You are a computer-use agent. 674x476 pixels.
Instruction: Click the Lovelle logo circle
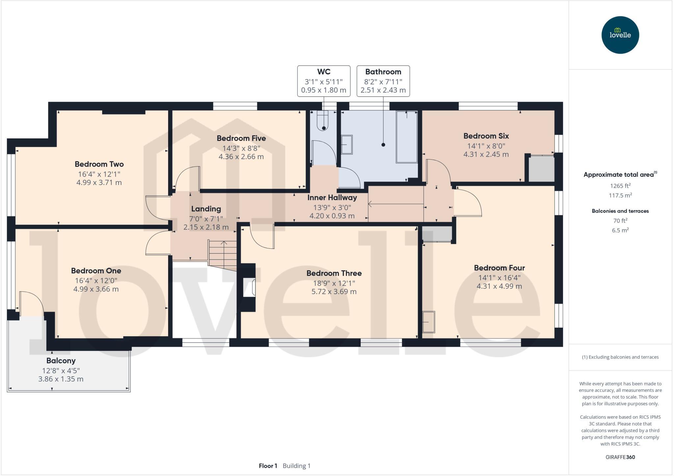[x=620, y=35]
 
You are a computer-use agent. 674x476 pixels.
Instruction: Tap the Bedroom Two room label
[x=99, y=164]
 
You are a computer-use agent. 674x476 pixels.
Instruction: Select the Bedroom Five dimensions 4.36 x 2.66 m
[x=241, y=157]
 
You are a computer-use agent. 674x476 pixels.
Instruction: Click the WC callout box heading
[x=324, y=72]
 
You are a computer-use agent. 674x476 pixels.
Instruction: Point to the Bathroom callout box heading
[x=383, y=72]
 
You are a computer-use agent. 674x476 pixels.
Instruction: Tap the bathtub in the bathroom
[x=407, y=137]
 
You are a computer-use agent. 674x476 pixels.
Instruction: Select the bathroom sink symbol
[x=347, y=145]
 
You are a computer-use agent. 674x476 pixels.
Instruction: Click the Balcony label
[x=61, y=361]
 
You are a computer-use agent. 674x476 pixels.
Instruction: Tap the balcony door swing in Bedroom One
[x=32, y=303]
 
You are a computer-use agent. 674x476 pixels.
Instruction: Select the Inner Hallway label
[x=332, y=198]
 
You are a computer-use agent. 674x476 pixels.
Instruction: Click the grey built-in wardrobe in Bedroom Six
[x=541, y=169]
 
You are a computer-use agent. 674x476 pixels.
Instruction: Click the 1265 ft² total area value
[x=620, y=186]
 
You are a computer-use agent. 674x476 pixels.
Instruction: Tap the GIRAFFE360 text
[x=620, y=457]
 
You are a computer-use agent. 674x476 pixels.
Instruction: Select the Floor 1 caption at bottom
[x=268, y=466]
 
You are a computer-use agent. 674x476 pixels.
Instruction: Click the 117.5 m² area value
[x=620, y=195]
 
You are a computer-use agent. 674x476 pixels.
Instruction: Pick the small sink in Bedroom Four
[x=428, y=322]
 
